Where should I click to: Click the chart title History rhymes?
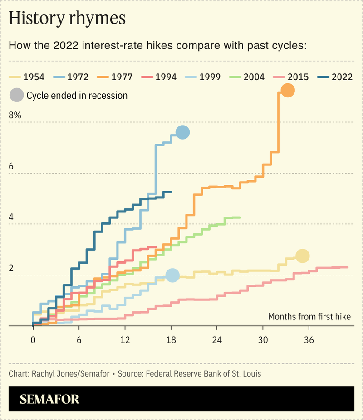tap(67, 19)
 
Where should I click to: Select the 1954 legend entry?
tap(27, 77)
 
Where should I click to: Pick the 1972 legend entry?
tap(71, 77)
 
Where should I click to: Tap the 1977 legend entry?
tap(115, 77)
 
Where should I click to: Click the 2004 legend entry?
tap(248, 77)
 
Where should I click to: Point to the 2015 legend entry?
tap(292, 77)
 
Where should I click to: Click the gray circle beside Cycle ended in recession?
tap(17, 95)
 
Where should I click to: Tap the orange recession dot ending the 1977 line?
tap(287, 91)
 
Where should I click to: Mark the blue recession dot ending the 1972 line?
tap(182, 132)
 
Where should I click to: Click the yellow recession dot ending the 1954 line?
tap(302, 256)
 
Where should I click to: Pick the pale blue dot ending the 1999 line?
tap(172, 275)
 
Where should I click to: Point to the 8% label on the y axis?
tap(15, 116)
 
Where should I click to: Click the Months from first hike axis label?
tap(309, 316)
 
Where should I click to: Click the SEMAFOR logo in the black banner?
tap(50, 399)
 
